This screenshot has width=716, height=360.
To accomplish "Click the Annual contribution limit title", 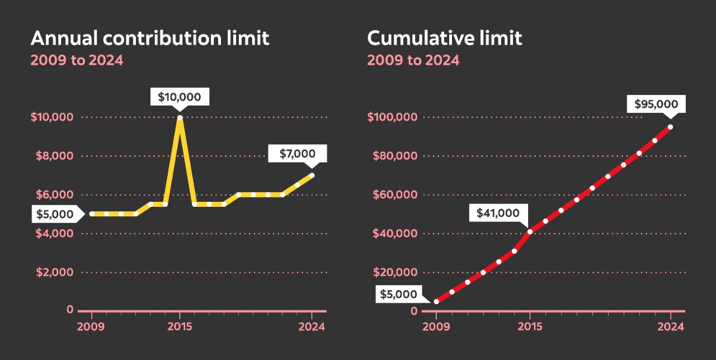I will (x=149, y=39).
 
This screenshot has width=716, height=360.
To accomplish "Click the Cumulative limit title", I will (x=444, y=39).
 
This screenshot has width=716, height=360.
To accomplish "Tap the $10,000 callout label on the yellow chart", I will (x=179, y=97).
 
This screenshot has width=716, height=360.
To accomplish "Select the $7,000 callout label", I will (x=297, y=154).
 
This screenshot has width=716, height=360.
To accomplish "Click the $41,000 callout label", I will (x=498, y=213).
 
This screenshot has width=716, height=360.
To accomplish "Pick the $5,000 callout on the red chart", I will (x=399, y=294).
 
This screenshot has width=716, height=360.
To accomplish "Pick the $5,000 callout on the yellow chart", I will (x=55, y=214).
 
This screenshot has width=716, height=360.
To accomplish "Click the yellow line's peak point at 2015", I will (x=180, y=117).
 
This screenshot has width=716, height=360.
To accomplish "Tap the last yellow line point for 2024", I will (x=312, y=176).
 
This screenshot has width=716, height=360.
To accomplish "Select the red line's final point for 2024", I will (x=670, y=127).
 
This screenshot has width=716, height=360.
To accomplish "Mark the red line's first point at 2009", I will (x=436, y=302).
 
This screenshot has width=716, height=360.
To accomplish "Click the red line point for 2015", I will (x=530, y=231).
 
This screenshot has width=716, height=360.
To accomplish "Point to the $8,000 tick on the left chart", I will (x=54, y=156).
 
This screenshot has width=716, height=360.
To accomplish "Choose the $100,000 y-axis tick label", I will (x=392, y=117).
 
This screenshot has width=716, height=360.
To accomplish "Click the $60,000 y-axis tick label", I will (x=395, y=195).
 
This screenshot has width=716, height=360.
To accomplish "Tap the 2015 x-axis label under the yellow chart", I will (x=180, y=327).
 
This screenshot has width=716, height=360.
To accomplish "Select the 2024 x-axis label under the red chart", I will (x=670, y=327).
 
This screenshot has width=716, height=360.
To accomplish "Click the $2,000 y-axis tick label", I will (x=54, y=272).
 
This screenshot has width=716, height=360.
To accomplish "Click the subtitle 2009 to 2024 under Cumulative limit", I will (x=413, y=60).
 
